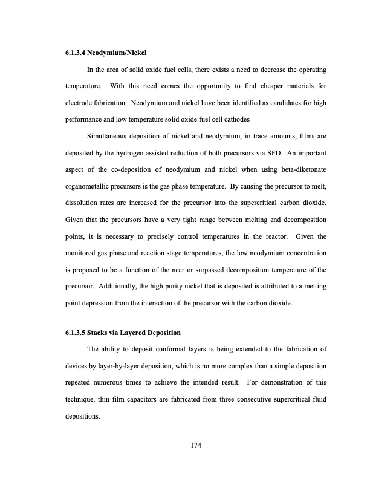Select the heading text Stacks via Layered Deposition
[134, 333]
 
